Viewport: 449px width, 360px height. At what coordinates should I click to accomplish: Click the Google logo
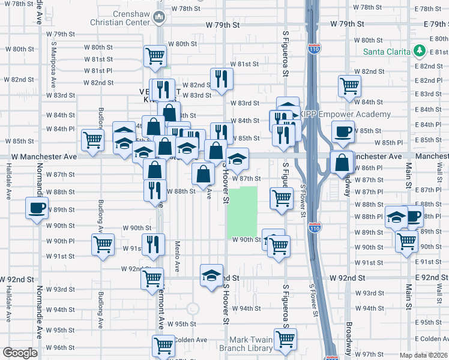[19, 353]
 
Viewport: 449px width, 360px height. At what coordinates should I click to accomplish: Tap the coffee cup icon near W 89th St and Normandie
[37, 208]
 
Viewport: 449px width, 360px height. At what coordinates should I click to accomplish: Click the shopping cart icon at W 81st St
[155, 56]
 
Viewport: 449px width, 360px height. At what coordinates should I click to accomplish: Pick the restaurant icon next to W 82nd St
[222, 79]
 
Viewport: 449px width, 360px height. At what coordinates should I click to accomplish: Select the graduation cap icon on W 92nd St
[211, 275]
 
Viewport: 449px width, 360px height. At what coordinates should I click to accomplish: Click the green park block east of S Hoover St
[243, 212]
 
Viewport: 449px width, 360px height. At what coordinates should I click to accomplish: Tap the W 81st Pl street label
[98, 71]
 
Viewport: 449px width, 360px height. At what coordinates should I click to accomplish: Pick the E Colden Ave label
[432, 339]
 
